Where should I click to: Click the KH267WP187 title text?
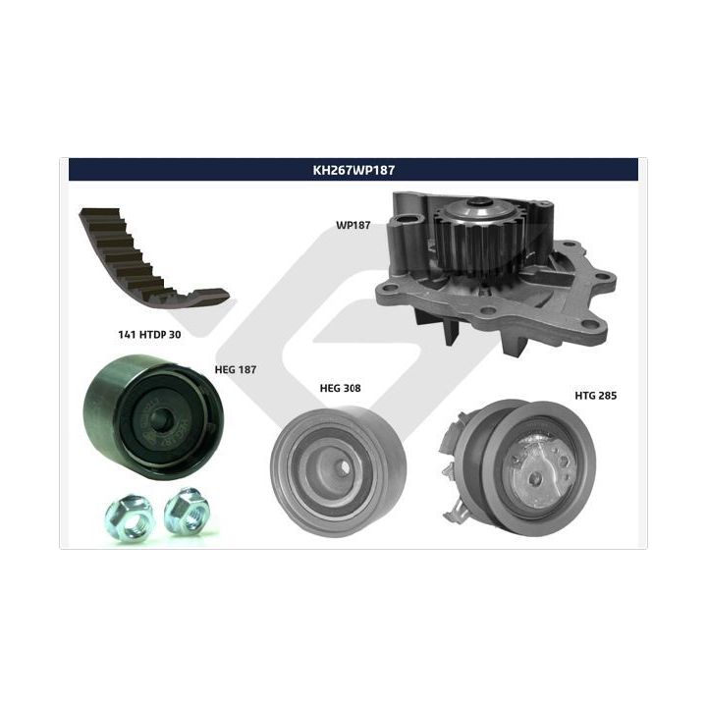(x=353, y=170)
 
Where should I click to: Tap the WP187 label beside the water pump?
(x=353, y=225)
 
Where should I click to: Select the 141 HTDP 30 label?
(x=149, y=334)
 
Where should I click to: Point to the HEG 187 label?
(x=236, y=370)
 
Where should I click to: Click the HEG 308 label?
(x=340, y=388)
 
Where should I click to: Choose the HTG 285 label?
(x=596, y=396)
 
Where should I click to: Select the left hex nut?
(x=129, y=517)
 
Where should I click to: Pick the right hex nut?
(x=187, y=512)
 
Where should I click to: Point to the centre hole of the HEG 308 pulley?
(x=344, y=467)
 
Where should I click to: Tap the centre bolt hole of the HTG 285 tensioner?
(x=535, y=479)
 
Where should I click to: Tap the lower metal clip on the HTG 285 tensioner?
(x=457, y=513)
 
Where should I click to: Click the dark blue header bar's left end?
(x=70, y=170)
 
